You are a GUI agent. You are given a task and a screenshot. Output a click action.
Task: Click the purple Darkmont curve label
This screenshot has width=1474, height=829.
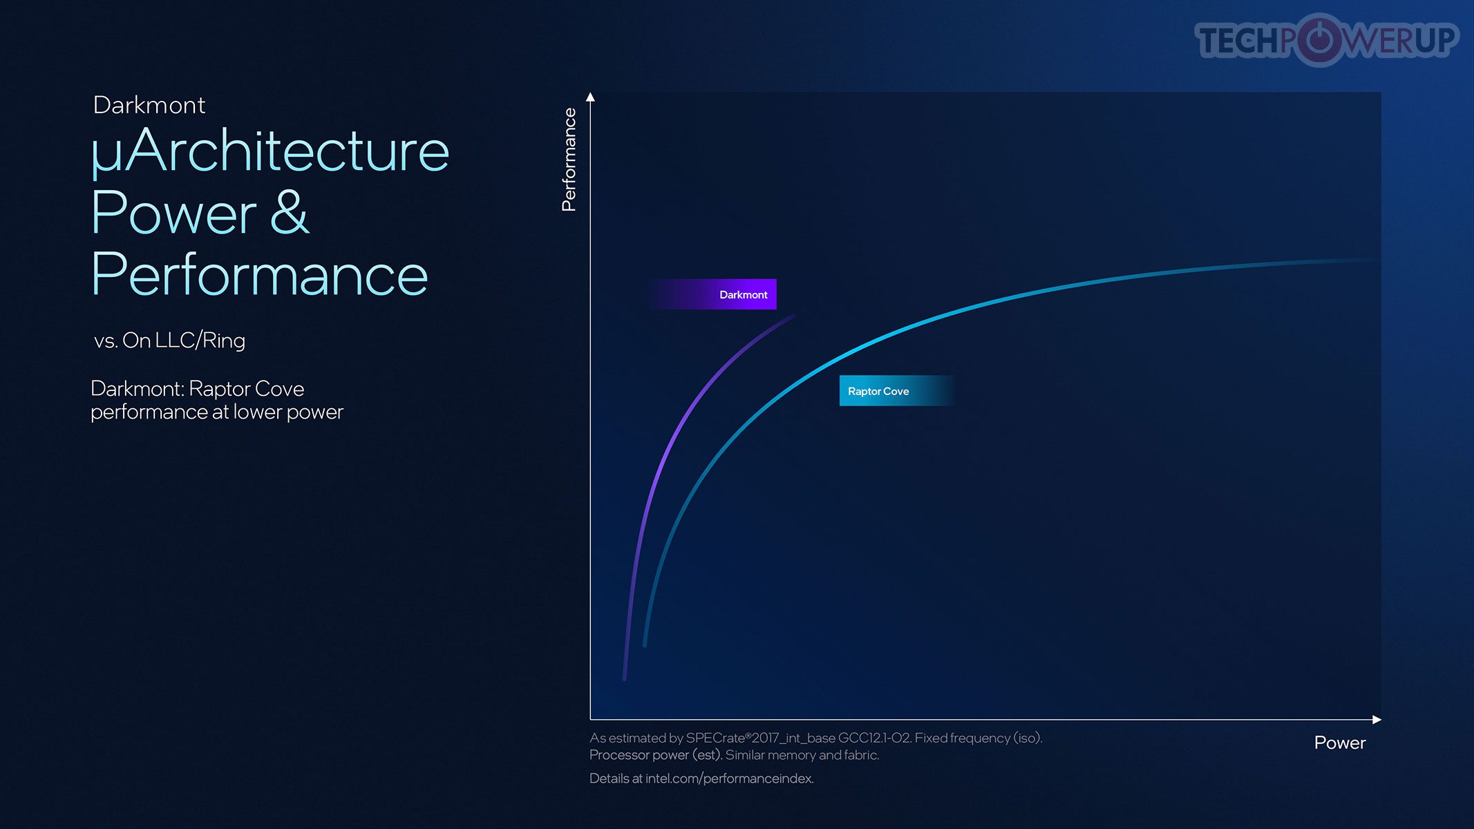pos(713,294)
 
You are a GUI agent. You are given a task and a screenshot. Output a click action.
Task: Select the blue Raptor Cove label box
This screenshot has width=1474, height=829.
pos(897,391)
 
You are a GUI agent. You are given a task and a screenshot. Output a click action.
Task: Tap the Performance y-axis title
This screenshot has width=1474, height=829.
pos(569,160)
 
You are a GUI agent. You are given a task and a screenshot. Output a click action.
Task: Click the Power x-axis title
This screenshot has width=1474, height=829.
pos(1340,743)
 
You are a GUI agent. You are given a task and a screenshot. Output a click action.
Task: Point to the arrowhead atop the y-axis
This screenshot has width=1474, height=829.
pos(590,97)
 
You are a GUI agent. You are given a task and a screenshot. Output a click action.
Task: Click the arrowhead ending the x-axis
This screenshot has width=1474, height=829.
pos(1377,719)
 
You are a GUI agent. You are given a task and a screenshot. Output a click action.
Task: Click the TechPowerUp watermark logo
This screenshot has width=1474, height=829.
pos(1327,39)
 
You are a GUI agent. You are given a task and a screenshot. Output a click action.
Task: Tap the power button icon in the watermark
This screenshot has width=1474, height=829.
pos(1319,39)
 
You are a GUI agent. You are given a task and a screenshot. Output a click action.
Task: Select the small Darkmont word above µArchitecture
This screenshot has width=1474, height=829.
pos(149,105)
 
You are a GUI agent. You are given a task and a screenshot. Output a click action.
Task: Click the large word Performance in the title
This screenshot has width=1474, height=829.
pos(259,274)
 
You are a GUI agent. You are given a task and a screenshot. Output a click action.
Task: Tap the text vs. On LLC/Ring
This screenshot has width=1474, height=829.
pos(169,341)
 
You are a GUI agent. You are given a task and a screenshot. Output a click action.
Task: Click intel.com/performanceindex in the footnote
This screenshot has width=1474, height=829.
pos(729,779)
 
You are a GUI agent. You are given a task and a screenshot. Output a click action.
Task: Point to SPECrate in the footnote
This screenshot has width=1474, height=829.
pos(718,738)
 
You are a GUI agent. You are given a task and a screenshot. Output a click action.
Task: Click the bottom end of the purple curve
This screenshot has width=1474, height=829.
pos(625,678)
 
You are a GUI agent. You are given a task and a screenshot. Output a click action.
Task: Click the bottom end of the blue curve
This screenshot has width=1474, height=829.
pos(645,645)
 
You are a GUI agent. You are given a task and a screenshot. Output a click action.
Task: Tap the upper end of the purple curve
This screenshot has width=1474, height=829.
pos(794,316)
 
